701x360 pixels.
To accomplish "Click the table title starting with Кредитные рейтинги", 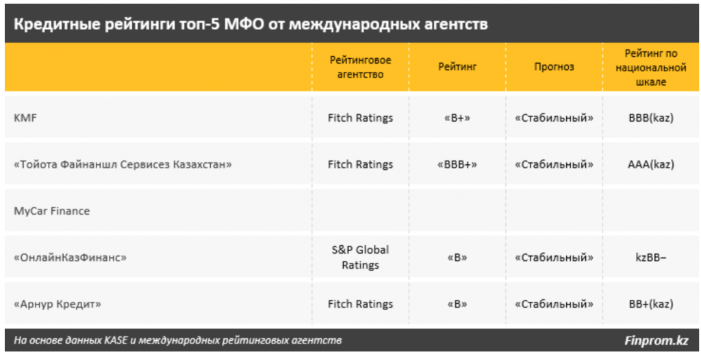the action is [x=251, y=24].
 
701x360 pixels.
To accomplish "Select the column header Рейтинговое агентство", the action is [x=360, y=67].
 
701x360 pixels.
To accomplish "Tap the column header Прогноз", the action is [x=554, y=67].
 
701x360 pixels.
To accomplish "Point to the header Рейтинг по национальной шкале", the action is [x=651, y=68].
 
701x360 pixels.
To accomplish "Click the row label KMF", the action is [x=25, y=118].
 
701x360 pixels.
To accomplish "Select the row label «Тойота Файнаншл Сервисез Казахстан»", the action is [x=123, y=164].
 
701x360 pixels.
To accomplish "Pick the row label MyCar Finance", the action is [x=52, y=211].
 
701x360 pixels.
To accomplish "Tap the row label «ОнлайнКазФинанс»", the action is [x=71, y=257].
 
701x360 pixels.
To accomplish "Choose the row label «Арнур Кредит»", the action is [x=58, y=304].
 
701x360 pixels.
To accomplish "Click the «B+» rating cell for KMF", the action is [x=457, y=118].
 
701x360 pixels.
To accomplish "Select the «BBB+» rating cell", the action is [x=457, y=164].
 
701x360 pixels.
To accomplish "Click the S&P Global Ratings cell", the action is [x=360, y=257].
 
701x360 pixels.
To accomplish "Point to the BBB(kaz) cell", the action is [x=651, y=118].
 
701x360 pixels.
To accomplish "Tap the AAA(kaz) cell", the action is [x=651, y=164].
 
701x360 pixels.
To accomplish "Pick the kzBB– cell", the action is [x=651, y=257].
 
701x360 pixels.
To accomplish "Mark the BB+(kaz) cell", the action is [x=651, y=304].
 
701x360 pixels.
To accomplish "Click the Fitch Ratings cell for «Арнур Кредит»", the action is [x=360, y=304].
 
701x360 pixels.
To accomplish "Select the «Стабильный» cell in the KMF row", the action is [x=554, y=118].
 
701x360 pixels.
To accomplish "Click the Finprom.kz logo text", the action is [x=657, y=341].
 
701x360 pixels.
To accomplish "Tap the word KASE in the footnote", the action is [x=116, y=341].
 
